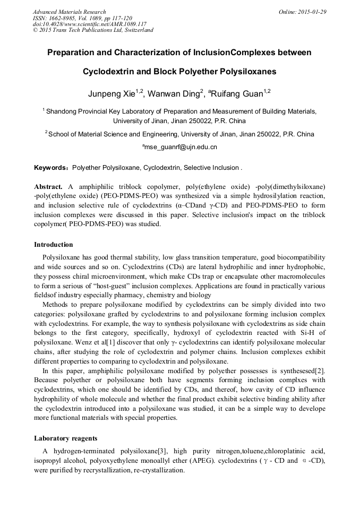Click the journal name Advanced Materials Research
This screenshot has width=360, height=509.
pos(69,12)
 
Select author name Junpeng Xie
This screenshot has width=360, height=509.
pos(110,94)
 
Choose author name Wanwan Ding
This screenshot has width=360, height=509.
pos(173,94)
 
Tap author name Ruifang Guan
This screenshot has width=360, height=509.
pos(237,94)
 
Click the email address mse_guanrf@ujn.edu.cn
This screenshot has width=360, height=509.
pos(179,147)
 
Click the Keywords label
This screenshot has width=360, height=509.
pos(51,168)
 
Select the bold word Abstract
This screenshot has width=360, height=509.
pos(48,187)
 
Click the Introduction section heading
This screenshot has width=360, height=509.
pos(53,245)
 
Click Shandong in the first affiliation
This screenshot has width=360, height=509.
pos(63,111)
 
